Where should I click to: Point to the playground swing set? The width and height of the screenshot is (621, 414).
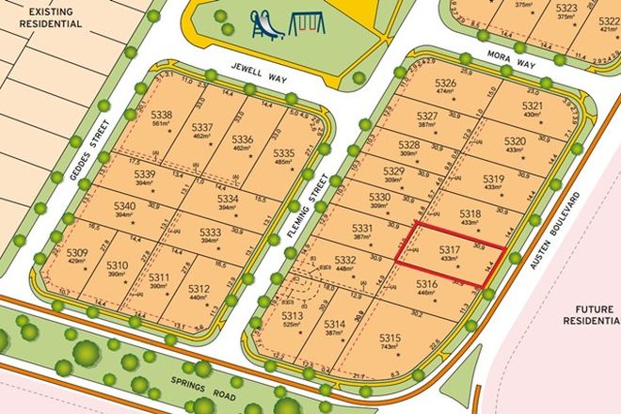pos(302,22)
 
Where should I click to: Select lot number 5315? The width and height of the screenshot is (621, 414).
pos(390,339)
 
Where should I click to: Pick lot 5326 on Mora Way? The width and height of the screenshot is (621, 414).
pos(445,84)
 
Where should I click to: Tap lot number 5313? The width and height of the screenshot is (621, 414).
pos(292,316)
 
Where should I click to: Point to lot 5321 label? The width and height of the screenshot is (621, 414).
pos(532,106)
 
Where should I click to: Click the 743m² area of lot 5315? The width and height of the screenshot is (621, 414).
pos(390,348)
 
